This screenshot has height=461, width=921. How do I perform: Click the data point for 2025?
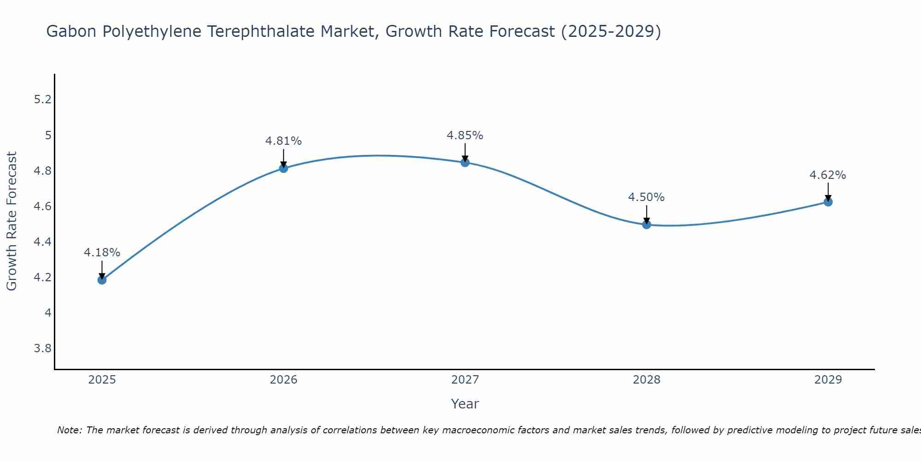pyautogui.click(x=102, y=279)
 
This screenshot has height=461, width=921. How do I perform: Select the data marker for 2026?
pyautogui.click(x=284, y=168)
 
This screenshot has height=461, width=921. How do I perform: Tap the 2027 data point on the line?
pyautogui.click(x=465, y=162)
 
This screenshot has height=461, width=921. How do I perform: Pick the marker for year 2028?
pyautogui.click(x=647, y=225)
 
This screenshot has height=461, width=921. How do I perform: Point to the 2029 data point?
pyautogui.click(x=828, y=202)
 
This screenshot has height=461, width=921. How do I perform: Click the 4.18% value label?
pyautogui.click(x=102, y=253)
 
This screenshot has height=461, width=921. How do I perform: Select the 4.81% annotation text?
pyautogui.click(x=284, y=141)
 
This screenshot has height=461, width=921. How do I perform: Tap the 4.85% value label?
pyautogui.click(x=465, y=136)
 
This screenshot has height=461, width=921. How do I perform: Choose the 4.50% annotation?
pyautogui.click(x=647, y=197)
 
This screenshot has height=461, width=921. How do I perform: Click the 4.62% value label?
pyautogui.click(x=828, y=175)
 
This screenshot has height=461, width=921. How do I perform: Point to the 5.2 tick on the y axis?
pyautogui.click(x=42, y=100)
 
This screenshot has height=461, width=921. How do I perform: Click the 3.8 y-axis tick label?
pyautogui.click(x=42, y=348)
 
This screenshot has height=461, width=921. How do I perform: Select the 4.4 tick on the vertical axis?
pyautogui.click(x=42, y=242)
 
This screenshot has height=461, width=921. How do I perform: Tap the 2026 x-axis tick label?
pyautogui.click(x=284, y=380)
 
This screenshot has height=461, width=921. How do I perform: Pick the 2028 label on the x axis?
pyautogui.click(x=647, y=380)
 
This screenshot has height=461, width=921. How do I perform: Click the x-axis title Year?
pyautogui.click(x=465, y=404)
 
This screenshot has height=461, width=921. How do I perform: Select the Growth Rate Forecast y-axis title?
pyautogui.click(x=12, y=221)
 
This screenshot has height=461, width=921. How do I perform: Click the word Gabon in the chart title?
pyautogui.click(x=71, y=31)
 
